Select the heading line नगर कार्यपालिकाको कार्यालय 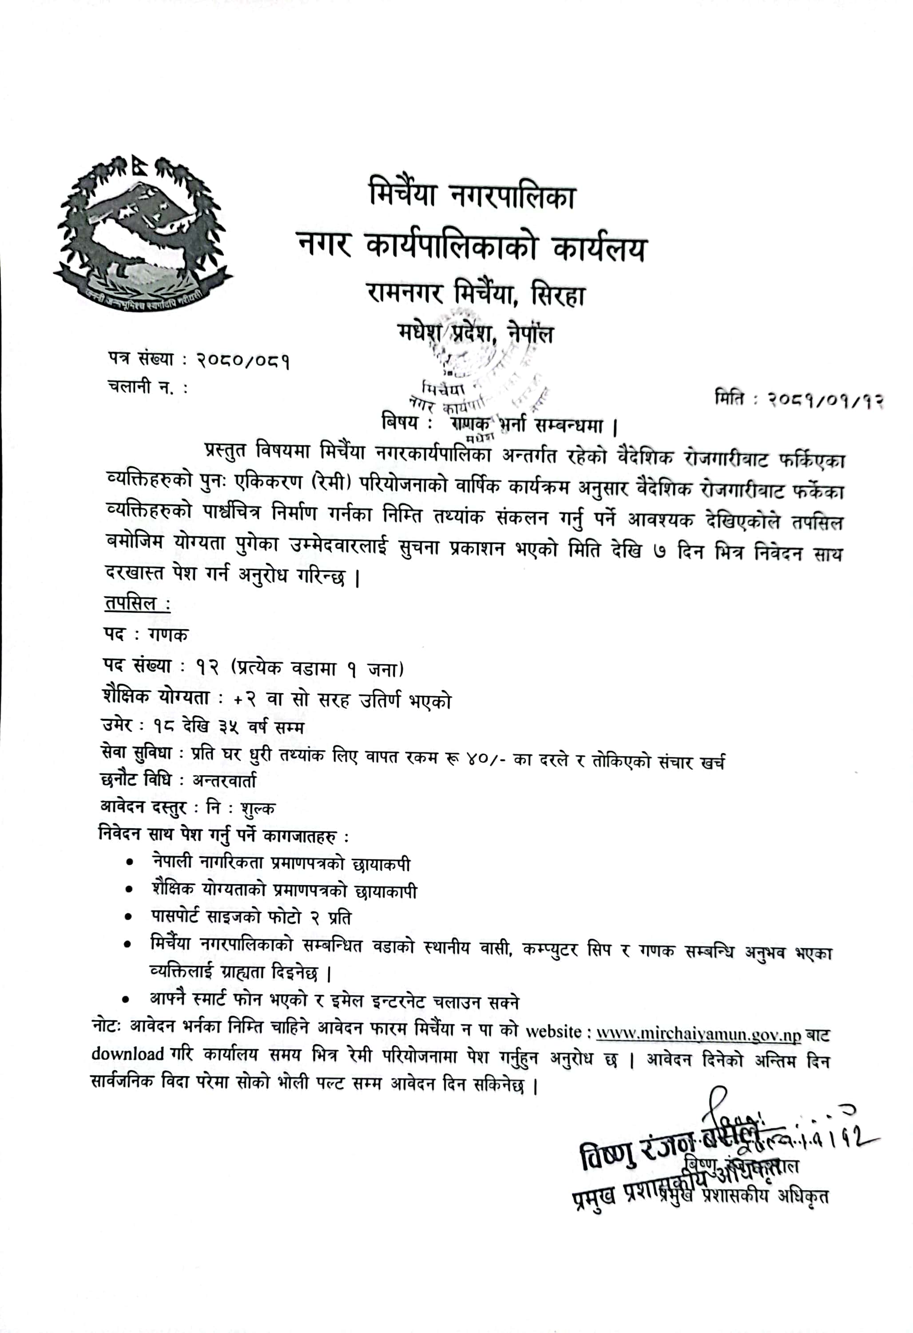[x=471, y=248]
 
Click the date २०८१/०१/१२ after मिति [x=826, y=400]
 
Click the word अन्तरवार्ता [x=225, y=780]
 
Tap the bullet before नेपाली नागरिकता [x=131, y=862]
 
